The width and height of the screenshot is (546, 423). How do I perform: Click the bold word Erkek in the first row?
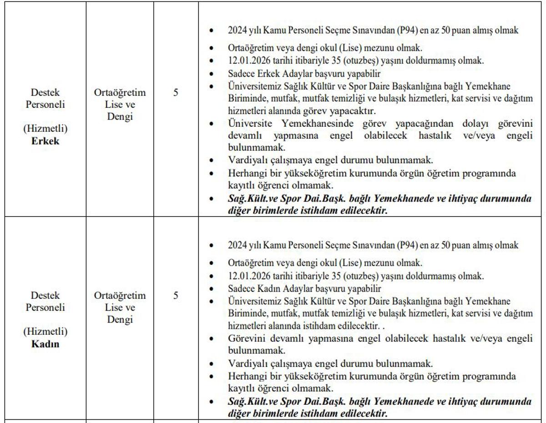(x=45, y=141)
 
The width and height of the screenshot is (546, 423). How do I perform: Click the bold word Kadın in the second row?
(x=45, y=344)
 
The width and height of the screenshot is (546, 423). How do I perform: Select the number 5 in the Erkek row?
(x=176, y=93)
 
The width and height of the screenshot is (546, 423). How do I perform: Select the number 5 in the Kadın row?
(x=176, y=296)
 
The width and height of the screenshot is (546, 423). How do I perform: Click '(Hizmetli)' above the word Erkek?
(x=45, y=129)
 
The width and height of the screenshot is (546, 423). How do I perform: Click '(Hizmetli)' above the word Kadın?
(x=45, y=332)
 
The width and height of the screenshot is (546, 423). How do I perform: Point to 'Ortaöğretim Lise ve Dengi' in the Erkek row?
(x=120, y=105)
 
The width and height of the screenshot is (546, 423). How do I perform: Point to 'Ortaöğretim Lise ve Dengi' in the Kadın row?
(x=120, y=307)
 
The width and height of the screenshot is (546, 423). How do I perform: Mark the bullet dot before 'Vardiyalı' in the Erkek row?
(x=211, y=161)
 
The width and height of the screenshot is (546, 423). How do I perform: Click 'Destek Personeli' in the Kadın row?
(x=45, y=302)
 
